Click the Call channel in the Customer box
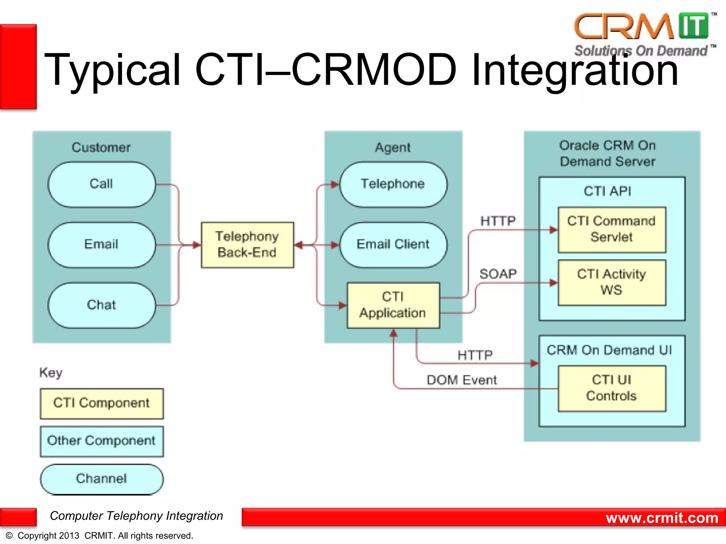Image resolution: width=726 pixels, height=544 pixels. click(x=102, y=184)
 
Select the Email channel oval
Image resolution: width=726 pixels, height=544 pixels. click(x=102, y=244)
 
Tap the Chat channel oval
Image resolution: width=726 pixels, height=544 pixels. click(x=102, y=305)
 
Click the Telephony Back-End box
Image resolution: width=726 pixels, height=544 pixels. click(x=247, y=245)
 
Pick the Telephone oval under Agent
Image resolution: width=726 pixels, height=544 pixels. click(x=393, y=184)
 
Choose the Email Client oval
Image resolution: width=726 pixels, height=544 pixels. click(x=393, y=244)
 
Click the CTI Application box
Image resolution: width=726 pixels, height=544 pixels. click(x=393, y=305)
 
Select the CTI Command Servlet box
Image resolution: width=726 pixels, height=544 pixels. click(x=611, y=229)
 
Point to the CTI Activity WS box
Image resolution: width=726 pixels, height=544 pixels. click(x=611, y=282)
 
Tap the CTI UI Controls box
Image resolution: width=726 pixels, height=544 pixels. click(x=611, y=388)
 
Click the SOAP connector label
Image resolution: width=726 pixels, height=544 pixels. click(x=498, y=274)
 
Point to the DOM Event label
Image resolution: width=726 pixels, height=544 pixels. click(x=462, y=380)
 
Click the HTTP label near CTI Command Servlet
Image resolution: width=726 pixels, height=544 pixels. click(x=498, y=221)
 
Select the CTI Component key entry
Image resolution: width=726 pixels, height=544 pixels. click(x=102, y=403)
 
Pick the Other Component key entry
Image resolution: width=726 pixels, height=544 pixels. click(x=102, y=441)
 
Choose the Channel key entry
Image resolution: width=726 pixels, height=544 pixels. click(x=102, y=479)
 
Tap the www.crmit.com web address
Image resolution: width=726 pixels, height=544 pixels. click(x=662, y=518)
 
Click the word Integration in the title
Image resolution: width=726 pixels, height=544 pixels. click(x=574, y=70)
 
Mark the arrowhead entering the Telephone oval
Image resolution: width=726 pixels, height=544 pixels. click(x=335, y=185)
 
